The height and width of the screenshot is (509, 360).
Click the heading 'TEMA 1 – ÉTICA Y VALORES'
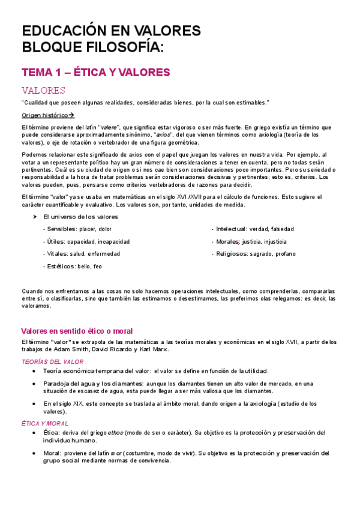click(96, 73)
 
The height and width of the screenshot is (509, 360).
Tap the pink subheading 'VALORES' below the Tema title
click(43, 91)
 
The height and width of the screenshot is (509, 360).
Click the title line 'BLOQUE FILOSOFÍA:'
click(92, 47)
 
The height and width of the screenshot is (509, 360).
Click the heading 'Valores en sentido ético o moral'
click(77, 331)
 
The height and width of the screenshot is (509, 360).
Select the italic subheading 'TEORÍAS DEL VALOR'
click(52, 362)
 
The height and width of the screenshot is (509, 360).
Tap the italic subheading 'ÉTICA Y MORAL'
click(46, 423)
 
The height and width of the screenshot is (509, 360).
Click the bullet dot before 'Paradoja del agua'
click(34, 384)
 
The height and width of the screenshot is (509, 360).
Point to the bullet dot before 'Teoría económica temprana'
click(34, 371)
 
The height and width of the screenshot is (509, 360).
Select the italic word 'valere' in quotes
click(108, 127)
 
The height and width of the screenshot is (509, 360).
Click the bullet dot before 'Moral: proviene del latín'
click(34, 453)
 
